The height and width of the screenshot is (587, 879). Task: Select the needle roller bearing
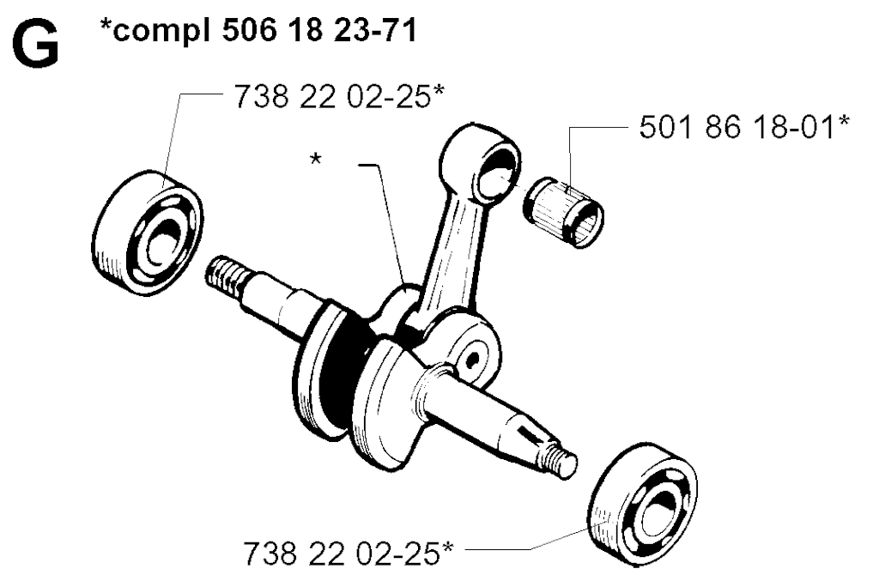point(564,205)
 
